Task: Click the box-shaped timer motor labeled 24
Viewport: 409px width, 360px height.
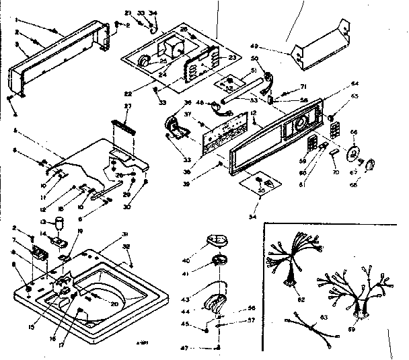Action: [x=174, y=49]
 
